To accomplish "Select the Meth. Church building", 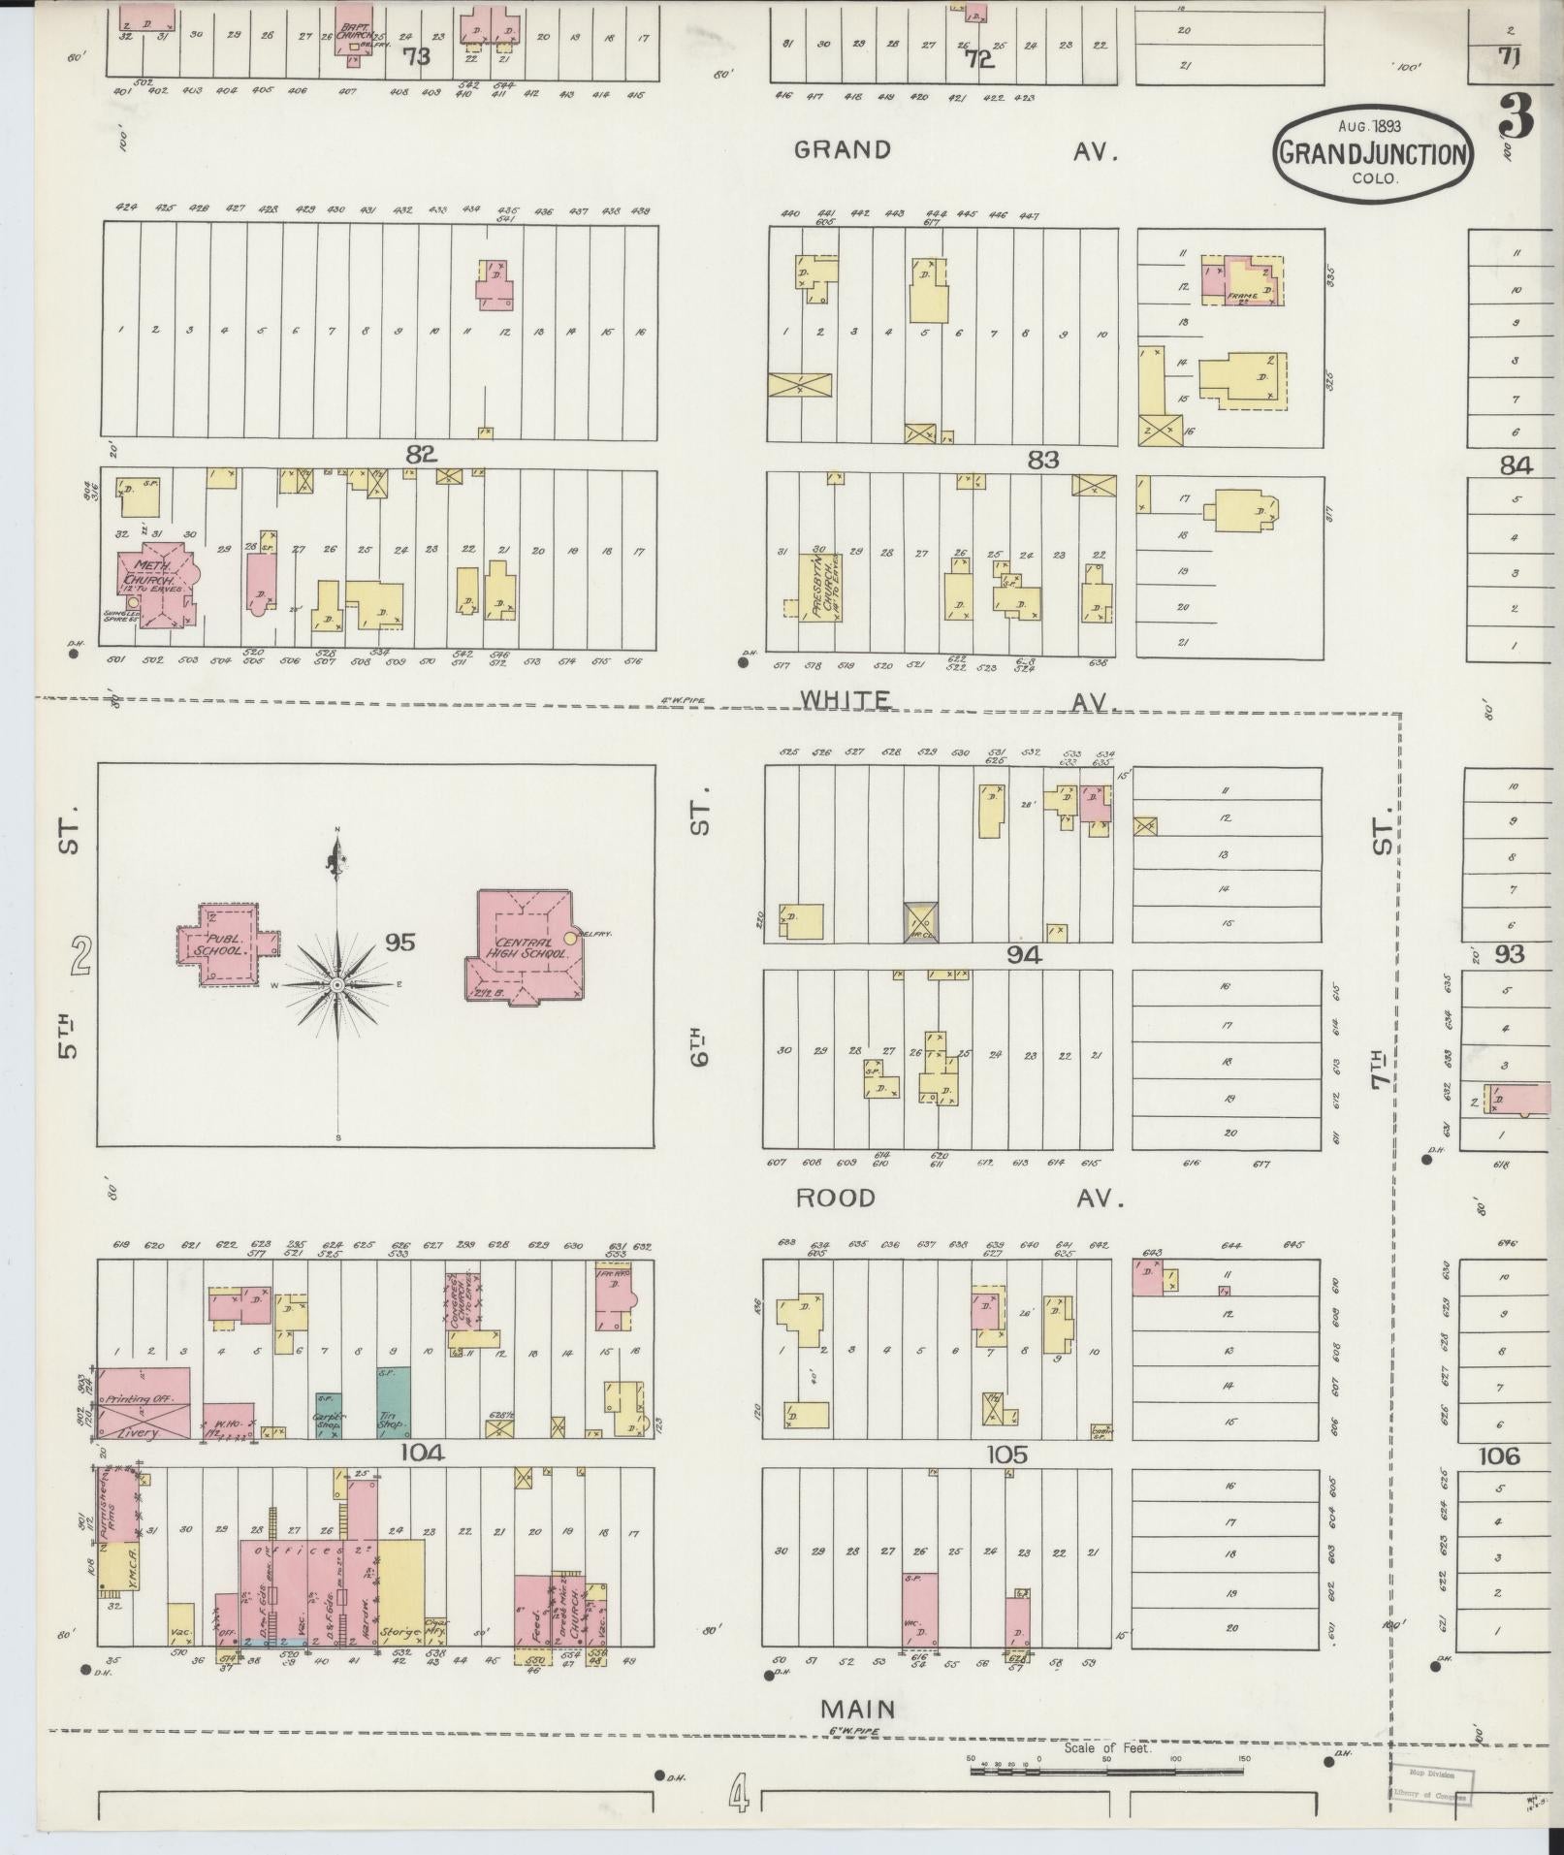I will point(153,588).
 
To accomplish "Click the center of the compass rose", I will point(337,985).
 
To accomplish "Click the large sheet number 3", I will point(1515,118).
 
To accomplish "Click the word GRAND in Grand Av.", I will point(842,149).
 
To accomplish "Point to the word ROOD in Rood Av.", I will point(836,1198).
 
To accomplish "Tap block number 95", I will point(399,942).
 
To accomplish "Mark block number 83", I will point(1042,460).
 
